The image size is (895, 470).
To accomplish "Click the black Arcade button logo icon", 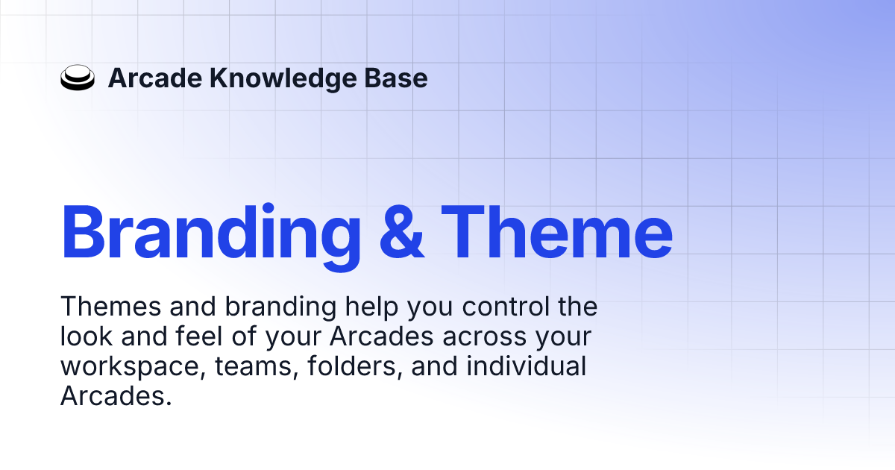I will pyautogui.click(x=78, y=78).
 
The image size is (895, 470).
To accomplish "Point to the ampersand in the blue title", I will pyautogui.click(x=402, y=232).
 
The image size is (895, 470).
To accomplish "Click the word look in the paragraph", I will pyautogui.click(x=85, y=337).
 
